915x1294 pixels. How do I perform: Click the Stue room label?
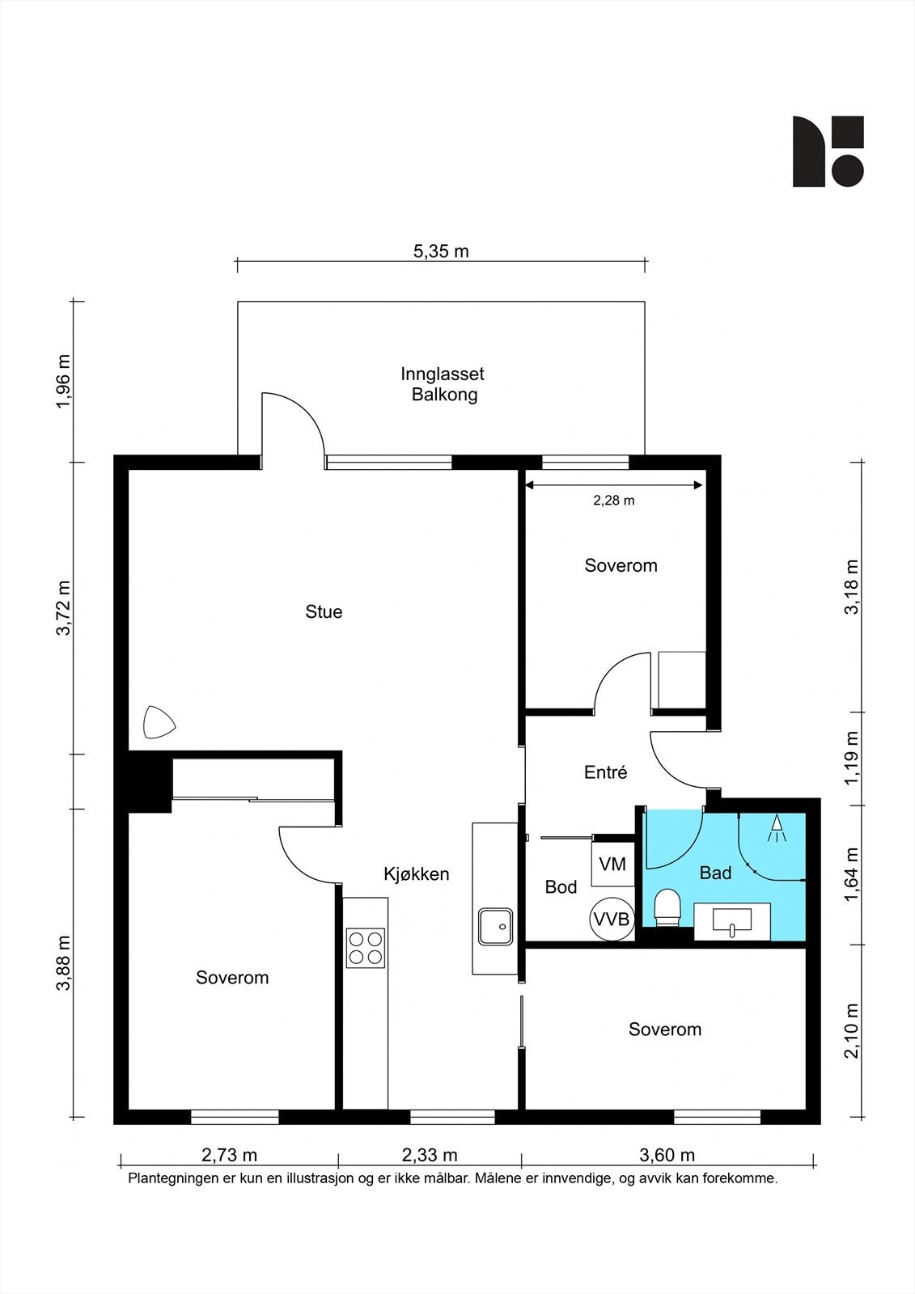[324, 611]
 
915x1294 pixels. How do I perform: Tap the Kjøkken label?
[416, 874]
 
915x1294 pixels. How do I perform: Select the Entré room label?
[605, 772]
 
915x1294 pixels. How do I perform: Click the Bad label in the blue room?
[716, 873]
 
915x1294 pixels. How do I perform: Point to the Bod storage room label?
[561, 886]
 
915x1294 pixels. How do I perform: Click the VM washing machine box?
[612, 865]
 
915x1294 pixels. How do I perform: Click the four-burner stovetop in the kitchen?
[366, 948]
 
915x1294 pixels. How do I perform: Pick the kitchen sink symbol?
[495, 927]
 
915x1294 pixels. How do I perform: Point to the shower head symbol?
[777, 827]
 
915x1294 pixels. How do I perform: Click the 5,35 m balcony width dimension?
[441, 252]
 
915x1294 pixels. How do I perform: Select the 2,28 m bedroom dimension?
[614, 501]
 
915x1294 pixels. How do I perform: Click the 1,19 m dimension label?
[853, 759]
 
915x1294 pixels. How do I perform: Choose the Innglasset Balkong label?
[443, 384]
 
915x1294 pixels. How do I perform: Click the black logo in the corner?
[828, 151]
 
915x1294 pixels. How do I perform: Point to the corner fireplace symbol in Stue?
[159, 722]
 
